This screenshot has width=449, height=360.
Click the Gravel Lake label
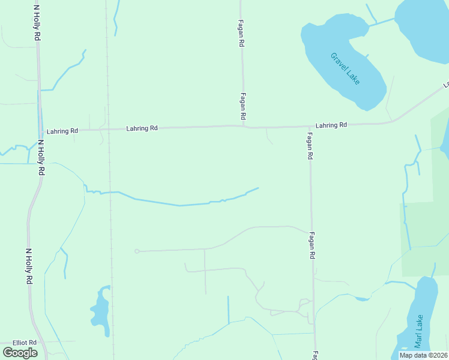[344, 69]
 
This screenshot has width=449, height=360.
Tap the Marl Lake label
[418, 332]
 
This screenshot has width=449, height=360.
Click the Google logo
[20, 353]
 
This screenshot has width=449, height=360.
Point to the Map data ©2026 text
[423, 355]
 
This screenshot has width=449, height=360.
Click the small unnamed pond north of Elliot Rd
[100, 310]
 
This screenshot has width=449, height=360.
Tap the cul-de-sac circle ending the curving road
[137, 251]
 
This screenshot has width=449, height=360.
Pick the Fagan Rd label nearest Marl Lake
[312, 246]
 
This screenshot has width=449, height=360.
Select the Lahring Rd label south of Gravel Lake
[331, 125]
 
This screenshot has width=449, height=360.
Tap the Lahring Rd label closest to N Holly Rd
[62, 131]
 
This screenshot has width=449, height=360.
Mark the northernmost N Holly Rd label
[37, 23]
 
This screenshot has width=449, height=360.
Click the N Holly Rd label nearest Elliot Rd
[28, 266]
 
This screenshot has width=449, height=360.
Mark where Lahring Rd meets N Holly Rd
[40, 130]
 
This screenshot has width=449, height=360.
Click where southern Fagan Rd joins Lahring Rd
[309, 127]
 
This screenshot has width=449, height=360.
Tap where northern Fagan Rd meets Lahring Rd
[243, 126]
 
